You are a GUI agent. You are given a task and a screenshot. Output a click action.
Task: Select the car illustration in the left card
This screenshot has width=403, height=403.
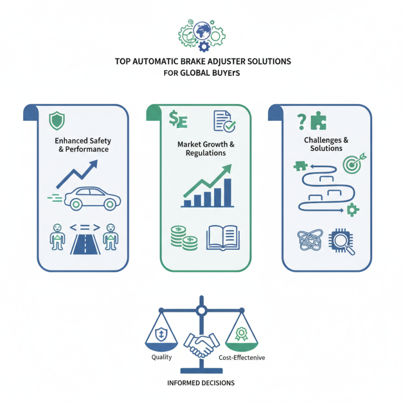point(91,197)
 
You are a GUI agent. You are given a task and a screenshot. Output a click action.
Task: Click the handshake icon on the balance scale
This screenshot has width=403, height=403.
point(201,344)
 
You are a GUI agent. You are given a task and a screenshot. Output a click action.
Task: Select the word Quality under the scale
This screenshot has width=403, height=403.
point(161,357)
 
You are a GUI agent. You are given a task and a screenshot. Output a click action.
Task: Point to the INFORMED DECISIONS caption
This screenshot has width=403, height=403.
point(201,383)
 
